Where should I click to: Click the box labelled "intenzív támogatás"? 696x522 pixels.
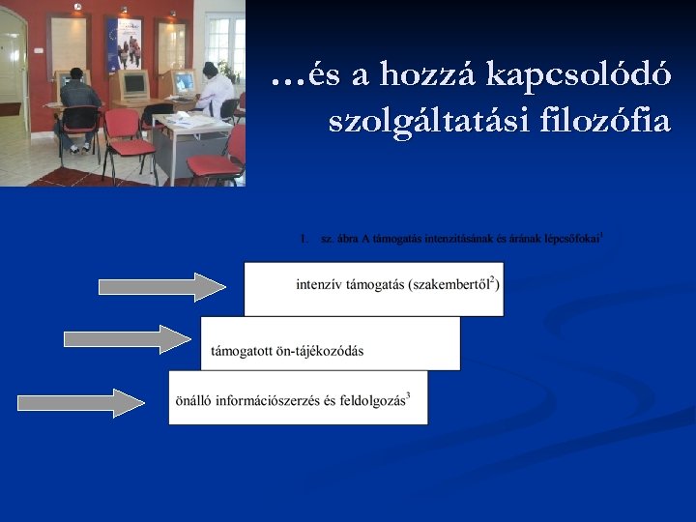pos(373,288)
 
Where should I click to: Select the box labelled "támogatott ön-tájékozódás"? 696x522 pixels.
pos(330,343)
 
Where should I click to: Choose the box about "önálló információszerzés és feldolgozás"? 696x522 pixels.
pos(298,397)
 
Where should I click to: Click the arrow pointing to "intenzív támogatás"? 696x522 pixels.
pos(162,287)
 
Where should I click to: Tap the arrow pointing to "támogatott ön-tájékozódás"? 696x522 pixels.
pos(128,338)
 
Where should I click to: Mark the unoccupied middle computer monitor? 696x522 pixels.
pos(132,86)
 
